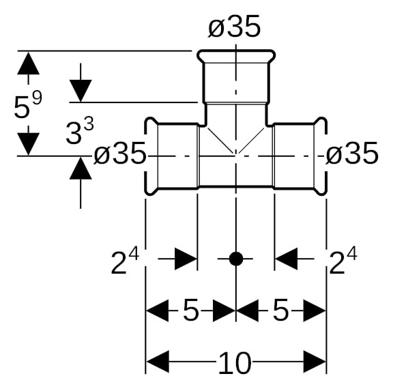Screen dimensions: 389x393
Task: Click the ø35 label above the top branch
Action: coord(234,27)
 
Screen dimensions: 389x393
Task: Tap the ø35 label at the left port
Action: coord(120,156)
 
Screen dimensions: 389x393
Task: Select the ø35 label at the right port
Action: coord(351,156)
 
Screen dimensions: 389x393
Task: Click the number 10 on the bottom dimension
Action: coord(235,364)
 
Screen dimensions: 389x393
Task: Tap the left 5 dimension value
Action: coord(190,311)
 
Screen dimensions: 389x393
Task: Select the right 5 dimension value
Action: coord(280,311)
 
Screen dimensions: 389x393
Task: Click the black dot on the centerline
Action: coord(235,259)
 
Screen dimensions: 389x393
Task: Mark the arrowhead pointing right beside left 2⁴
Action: coord(185,259)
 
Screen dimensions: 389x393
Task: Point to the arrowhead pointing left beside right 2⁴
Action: coord(286,259)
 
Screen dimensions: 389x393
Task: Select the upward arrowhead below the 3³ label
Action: coord(81,168)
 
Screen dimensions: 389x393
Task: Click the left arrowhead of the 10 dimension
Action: coord(158,362)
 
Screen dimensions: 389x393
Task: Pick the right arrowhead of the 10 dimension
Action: coord(315,362)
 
